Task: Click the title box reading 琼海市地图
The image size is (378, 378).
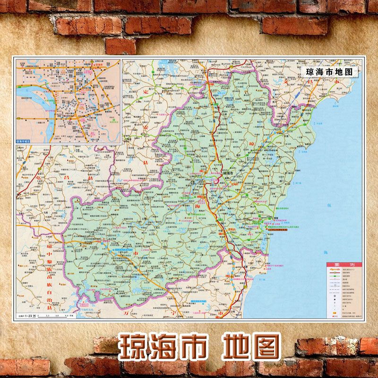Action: point(329,72)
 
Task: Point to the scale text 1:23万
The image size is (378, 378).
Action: point(36,316)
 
